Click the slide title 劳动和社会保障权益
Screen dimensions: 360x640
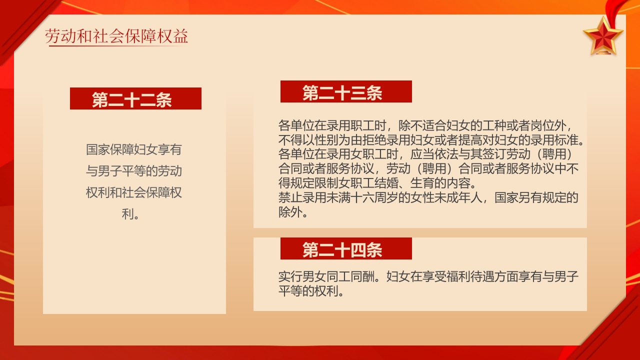click(116, 37)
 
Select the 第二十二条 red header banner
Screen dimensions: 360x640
click(135, 99)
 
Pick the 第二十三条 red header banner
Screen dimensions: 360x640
click(345, 92)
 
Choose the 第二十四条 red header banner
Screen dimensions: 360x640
click(345, 249)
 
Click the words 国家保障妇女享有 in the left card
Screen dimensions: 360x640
click(134, 149)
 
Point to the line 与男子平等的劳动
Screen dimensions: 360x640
click(134, 171)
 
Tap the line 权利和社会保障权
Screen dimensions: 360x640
click(134, 193)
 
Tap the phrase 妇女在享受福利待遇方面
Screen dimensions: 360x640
click(440, 276)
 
